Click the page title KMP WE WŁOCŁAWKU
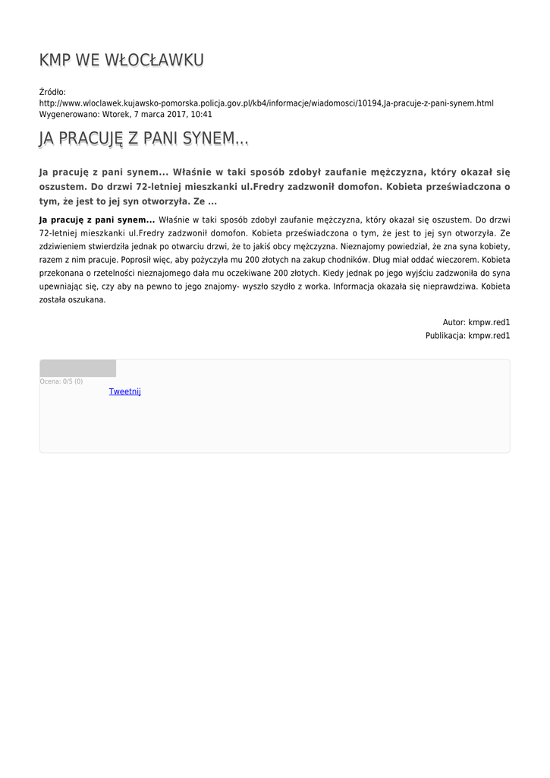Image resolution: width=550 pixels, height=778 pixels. tap(121, 61)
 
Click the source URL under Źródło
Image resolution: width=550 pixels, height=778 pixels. tap(266, 103)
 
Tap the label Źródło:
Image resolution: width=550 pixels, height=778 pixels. tap(52, 92)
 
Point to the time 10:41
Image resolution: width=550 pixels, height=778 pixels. tap(202, 115)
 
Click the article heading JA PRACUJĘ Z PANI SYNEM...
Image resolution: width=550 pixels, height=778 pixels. tap(143, 139)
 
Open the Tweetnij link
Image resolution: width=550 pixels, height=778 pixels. tap(125, 392)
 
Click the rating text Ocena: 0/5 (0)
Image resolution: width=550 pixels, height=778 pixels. tap(61, 381)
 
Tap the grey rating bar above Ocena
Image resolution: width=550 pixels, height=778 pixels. tap(77, 368)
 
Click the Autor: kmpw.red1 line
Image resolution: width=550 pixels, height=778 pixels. tap(476, 322)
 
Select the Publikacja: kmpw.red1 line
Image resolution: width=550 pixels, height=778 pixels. tap(467, 335)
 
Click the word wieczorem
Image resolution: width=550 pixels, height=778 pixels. tap(454, 260)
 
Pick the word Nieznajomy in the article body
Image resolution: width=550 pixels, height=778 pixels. tap(367, 247)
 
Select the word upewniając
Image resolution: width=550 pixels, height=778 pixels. tap(64, 286)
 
